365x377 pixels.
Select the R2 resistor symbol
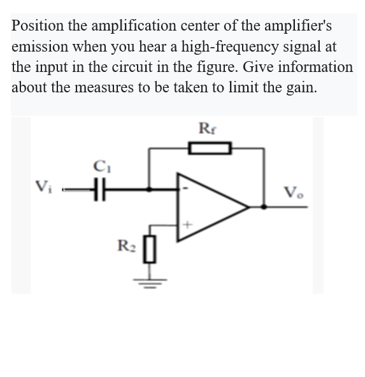click(x=151, y=246)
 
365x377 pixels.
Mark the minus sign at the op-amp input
click(x=185, y=188)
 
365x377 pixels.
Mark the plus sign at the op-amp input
click(x=187, y=224)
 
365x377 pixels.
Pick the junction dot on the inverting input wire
click(x=150, y=189)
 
